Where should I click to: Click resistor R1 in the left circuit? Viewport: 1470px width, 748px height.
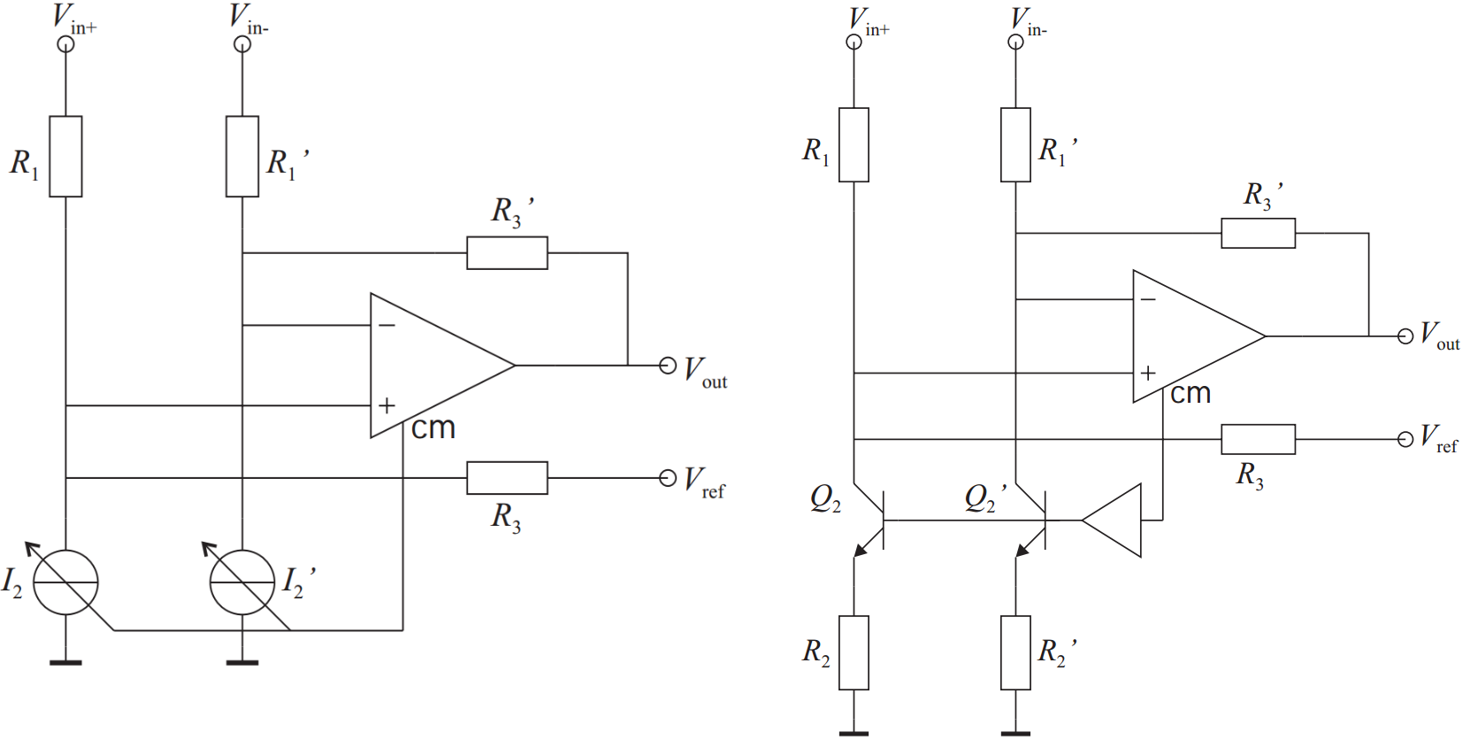[x=65, y=156]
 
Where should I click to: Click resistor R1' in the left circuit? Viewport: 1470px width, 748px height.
[x=242, y=156]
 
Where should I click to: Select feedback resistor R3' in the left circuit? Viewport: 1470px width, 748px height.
[x=507, y=253]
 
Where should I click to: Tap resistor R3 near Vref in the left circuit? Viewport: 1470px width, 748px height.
[x=507, y=478]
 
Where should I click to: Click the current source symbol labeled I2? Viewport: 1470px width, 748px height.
[x=65, y=582]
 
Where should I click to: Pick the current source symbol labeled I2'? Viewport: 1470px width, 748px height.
[x=242, y=582]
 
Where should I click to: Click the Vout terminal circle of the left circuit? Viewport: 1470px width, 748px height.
[x=668, y=366]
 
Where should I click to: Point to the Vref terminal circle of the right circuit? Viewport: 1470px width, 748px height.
[x=1405, y=439]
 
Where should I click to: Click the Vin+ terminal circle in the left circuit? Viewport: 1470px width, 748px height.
[x=65, y=43]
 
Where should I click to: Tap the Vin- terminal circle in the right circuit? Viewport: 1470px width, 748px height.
[x=1015, y=42]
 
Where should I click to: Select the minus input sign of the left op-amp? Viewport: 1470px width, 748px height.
[x=387, y=326]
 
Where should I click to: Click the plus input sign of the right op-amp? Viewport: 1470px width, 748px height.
[x=1148, y=374]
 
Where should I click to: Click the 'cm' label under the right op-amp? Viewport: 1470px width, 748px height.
[x=1191, y=394]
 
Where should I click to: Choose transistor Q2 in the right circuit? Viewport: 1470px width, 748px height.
[x=871, y=521]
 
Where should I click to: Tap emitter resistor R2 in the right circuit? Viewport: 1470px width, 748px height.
[x=854, y=652]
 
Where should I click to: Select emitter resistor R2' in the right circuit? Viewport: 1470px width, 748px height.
[x=1015, y=652]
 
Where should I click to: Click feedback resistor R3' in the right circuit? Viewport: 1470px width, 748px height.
[x=1258, y=234]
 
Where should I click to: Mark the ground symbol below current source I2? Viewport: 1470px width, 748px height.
[x=65, y=661]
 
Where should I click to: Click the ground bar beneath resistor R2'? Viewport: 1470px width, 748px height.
[x=1015, y=733]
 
